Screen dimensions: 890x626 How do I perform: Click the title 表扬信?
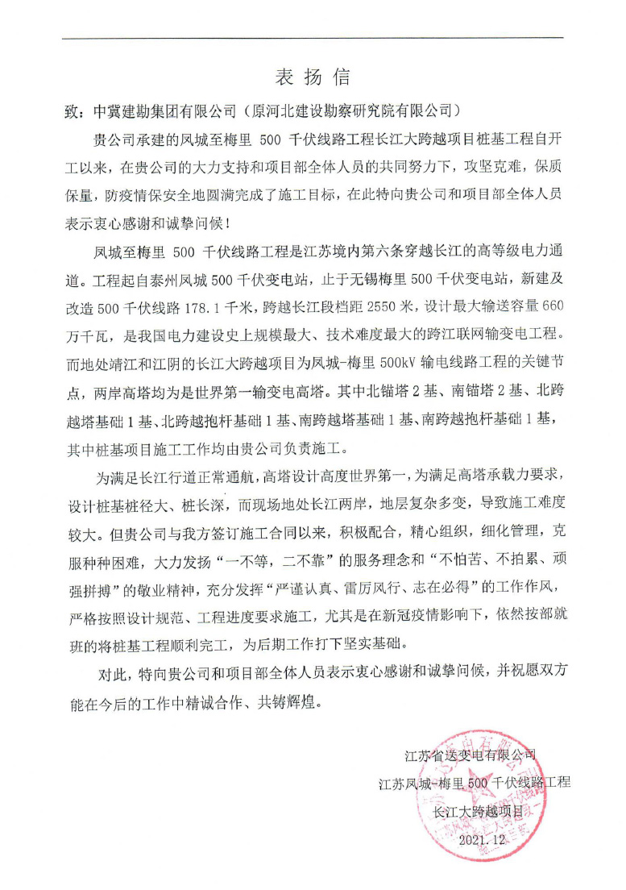point(313,77)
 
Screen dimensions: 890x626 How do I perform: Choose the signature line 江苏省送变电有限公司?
point(471,756)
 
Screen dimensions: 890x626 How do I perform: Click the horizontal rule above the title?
point(313,38)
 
